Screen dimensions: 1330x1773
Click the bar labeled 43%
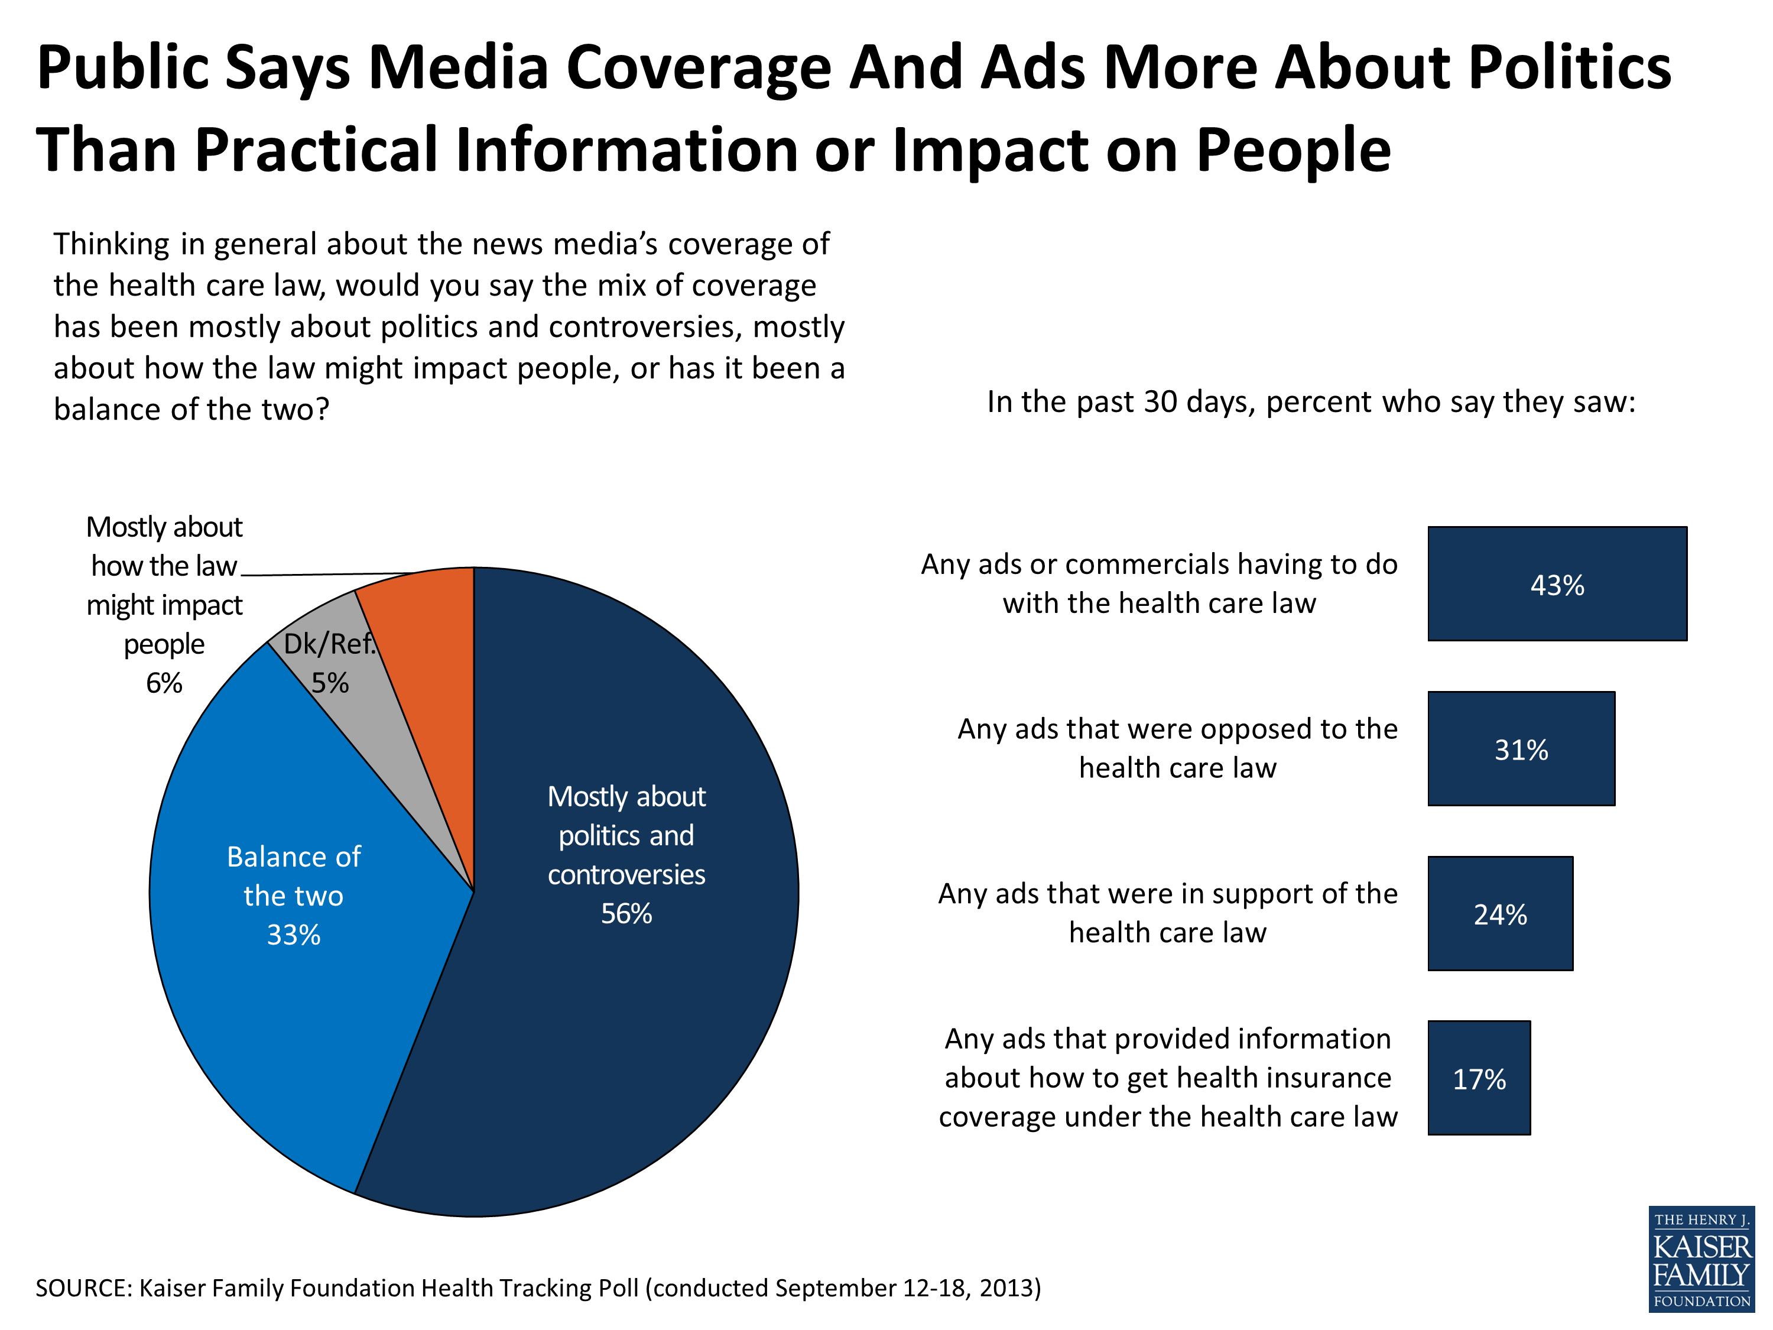tap(1557, 583)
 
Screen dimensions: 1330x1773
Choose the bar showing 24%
tap(1500, 913)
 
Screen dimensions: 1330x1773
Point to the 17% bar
tap(1479, 1078)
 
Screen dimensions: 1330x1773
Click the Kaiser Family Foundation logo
tap(1701, 1258)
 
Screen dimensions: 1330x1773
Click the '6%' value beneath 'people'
tap(164, 683)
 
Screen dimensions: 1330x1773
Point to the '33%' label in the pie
tap(293, 935)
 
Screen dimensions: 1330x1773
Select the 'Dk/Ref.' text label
tap(329, 644)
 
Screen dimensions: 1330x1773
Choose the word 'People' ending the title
tap(1294, 151)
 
